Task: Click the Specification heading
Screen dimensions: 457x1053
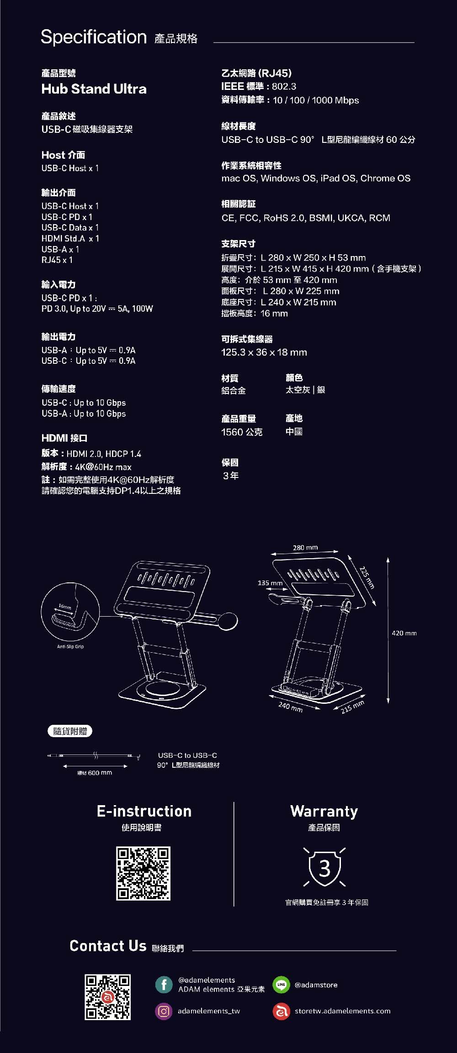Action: click(x=94, y=37)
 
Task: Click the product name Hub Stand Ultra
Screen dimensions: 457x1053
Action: click(x=94, y=89)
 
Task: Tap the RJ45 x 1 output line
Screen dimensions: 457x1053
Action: click(x=57, y=260)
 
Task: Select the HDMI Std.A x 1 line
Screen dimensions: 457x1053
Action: click(x=70, y=239)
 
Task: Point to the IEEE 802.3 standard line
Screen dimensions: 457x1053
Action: click(x=259, y=87)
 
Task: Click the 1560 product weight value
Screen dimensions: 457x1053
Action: click(x=241, y=432)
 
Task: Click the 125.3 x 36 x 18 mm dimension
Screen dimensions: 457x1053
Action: click(x=264, y=352)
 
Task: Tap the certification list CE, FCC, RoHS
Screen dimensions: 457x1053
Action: click(x=305, y=218)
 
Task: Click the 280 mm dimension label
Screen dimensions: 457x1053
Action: click(x=305, y=547)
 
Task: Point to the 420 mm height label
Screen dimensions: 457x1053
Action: click(x=404, y=633)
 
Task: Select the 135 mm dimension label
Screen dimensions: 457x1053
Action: click(x=270, y=583)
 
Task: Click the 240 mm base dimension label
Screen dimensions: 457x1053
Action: click(x=290, y=707)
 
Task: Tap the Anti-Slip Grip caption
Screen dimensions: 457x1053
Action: click(x=70, y=646)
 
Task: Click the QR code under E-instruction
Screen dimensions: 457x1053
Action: click(x=143, y=873)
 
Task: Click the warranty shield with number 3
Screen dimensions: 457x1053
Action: click(x=324, y=868)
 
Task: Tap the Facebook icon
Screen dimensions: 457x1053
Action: click(x=164, y=984)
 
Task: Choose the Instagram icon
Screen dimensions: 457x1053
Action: click(x=164, y=1011)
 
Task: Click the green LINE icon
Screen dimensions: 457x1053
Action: click(x=281, y=985)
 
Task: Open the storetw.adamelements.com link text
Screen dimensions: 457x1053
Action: click(x=342, y=1011)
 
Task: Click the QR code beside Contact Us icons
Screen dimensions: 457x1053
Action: click(x=107, y=997)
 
